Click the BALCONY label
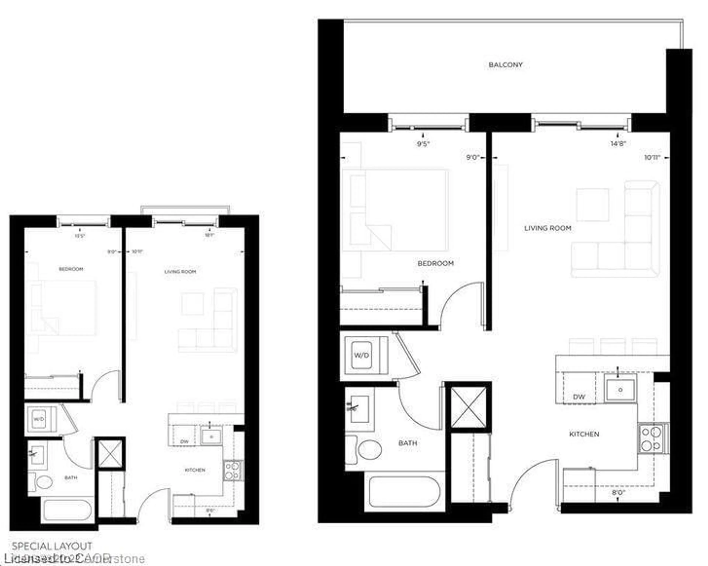pyautogui.click(x=505, y=65)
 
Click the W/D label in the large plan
pyautogui.click(x=362, y=355)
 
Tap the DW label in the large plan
pyautogui.click(x=579, y=397)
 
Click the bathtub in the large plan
pyautogui.click(x=405, y=492)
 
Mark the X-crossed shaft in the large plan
pyautogui.click(x=468, y=408)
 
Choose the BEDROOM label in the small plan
pyautogui.click(x=71, y=269)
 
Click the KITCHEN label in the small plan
pyautogui.click(x=195, y=470)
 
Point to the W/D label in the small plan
pyautogui.click(x=39, y=419)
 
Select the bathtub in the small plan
pyautogui.click(x=67, y=510)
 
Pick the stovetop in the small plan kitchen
pyautogui.click(x=232, y=471)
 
